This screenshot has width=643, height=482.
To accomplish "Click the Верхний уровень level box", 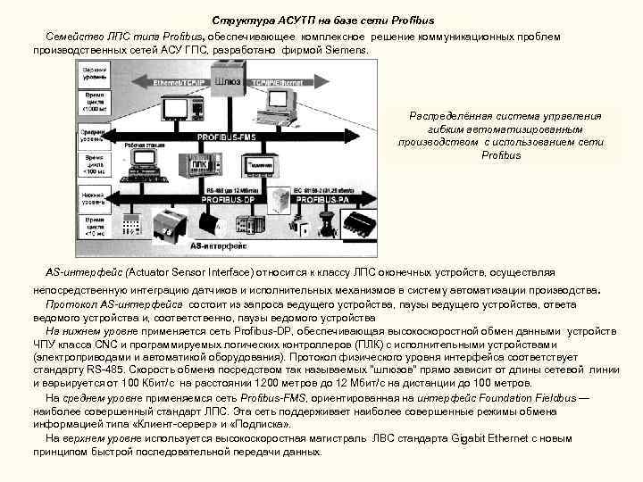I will pos(95,71).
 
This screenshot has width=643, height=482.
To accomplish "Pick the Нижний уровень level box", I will pos(95,194).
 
